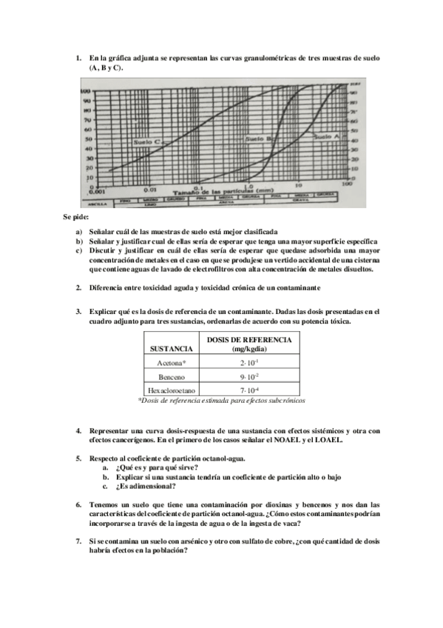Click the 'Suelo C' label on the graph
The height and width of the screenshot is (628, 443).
[147, 141]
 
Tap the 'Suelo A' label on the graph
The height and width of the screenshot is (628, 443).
[325, 137]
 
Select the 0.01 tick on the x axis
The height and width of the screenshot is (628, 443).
[150, 189]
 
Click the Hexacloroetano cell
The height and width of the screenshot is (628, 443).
[172, 390]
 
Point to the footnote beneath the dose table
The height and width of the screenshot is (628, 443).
[222, 400]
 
